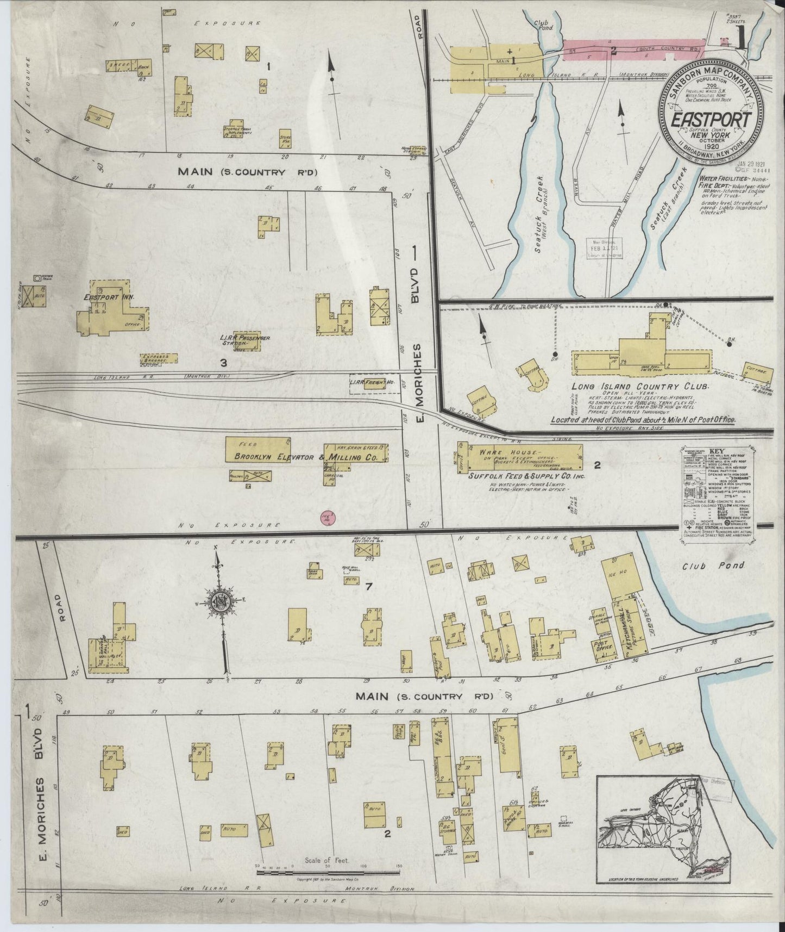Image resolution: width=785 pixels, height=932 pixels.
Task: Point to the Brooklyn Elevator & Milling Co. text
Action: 306,458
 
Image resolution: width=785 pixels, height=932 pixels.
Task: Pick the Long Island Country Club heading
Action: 640,387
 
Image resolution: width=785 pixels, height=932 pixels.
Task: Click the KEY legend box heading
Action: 717,451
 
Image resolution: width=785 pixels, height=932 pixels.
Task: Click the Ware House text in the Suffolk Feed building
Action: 508,452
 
